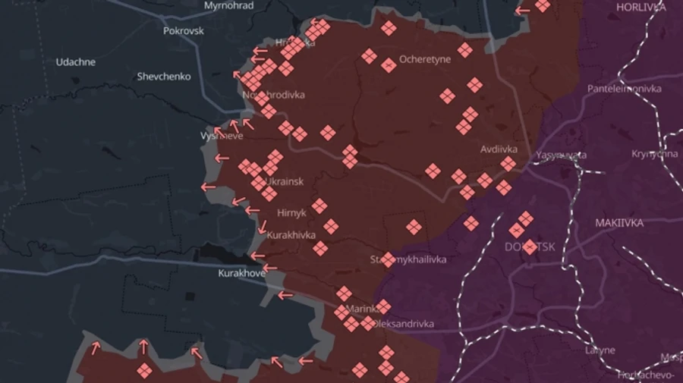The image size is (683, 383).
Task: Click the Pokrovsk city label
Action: click(x=184, y=31)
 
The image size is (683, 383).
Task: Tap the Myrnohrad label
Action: click(x=228, y=5)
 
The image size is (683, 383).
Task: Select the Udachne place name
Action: click(x=76, y=62)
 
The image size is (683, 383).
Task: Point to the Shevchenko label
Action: click(x=164, y=77)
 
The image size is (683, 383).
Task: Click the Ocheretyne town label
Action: click(x=425, y=59)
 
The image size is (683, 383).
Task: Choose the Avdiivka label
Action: click(x=499, y=149)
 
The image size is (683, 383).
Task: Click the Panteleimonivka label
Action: click(x=624, y=89)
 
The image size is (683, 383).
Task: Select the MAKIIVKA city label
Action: click(x=619, y=223)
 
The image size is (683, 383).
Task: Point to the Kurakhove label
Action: click(x=241, y=273)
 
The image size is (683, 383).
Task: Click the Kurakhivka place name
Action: click(x=291, y=235)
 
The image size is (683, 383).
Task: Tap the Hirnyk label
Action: click(x=292, y=213)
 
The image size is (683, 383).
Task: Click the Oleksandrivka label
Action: click(x=404, y=324)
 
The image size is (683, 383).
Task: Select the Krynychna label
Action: click(x=654, y=154)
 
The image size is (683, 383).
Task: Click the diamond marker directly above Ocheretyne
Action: click(x=389, y=28)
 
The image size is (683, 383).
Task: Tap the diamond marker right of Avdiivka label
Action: click(x=508, y=164)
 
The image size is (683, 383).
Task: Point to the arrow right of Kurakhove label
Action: click(x=270, y=268)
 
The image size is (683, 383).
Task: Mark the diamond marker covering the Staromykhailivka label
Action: click(x=388, y=260)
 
